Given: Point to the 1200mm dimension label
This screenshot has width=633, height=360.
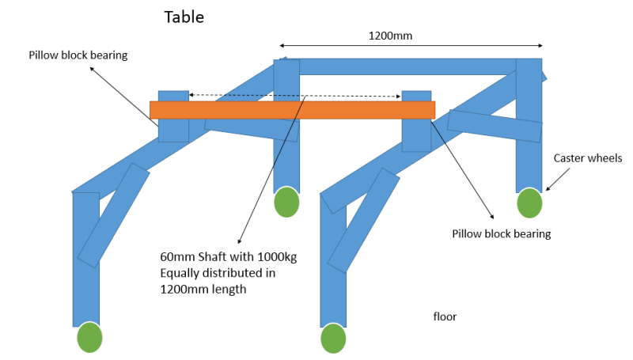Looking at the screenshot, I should (391, 35).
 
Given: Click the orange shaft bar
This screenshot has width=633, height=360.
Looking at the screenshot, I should (292, 109).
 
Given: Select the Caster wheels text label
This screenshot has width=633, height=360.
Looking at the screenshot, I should (587, 158).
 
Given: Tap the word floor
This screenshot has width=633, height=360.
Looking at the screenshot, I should (445, 316).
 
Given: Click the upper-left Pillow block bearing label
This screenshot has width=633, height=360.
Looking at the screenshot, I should (78, 55).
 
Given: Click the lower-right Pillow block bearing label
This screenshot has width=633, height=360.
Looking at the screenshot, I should (501, 233).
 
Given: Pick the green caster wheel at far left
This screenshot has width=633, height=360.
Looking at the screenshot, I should (89, 338).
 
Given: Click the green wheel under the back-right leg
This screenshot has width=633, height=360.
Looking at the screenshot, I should (530, 203).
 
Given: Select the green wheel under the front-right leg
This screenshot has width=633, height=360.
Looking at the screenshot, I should (333, 338).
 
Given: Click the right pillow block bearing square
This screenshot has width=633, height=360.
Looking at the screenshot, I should (416, 133).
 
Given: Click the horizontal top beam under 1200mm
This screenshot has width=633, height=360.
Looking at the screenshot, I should (407, 66).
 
